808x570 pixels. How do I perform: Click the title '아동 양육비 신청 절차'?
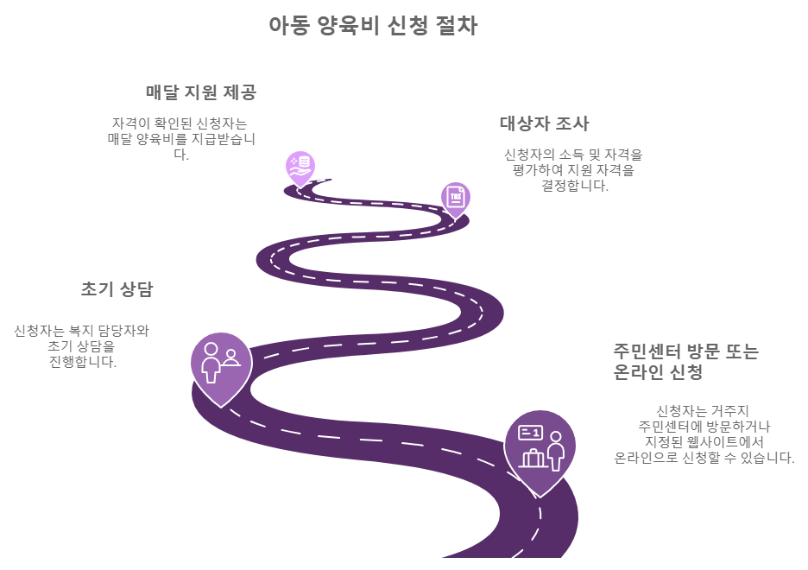[372, 26]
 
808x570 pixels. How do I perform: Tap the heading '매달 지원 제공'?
[200, 92]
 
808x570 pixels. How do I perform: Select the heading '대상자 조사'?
[544, 123]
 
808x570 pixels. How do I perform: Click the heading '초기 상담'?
[116, 289]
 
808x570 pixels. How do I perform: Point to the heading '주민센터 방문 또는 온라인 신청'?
[685, 362]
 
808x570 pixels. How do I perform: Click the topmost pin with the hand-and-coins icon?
[300, 167]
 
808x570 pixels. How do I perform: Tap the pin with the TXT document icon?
[455, 198]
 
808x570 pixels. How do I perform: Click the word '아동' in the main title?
[287, 26]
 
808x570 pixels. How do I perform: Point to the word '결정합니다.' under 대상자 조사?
[573, 186]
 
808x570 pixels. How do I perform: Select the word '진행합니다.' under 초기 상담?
[82, 362]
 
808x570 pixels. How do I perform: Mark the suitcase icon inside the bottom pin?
[532, 458]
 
